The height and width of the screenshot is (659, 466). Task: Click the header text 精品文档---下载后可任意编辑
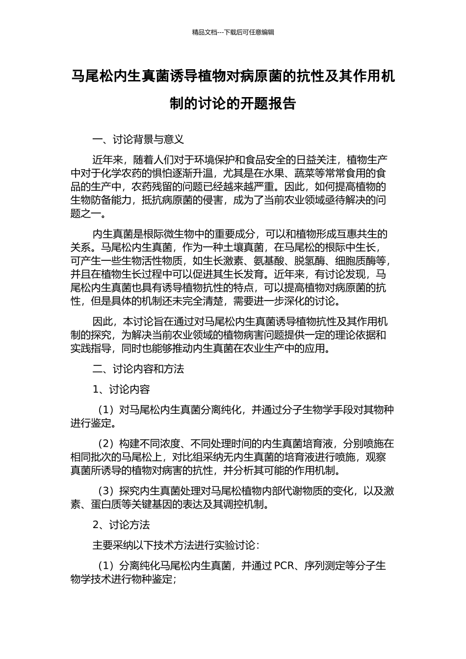[x=233, y=32]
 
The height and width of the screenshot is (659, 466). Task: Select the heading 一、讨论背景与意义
[x=138, y=139]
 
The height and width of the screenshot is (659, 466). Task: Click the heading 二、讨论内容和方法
[x=138, y=369]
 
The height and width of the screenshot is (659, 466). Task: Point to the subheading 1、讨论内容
[x=121, y=389]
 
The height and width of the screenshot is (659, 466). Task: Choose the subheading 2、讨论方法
[x=121, y=525]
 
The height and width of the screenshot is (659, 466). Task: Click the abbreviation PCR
[x=284, y=566]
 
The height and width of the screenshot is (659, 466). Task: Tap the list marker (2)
[x=106, y=444]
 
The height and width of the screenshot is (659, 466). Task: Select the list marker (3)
[x=106, y=491]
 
